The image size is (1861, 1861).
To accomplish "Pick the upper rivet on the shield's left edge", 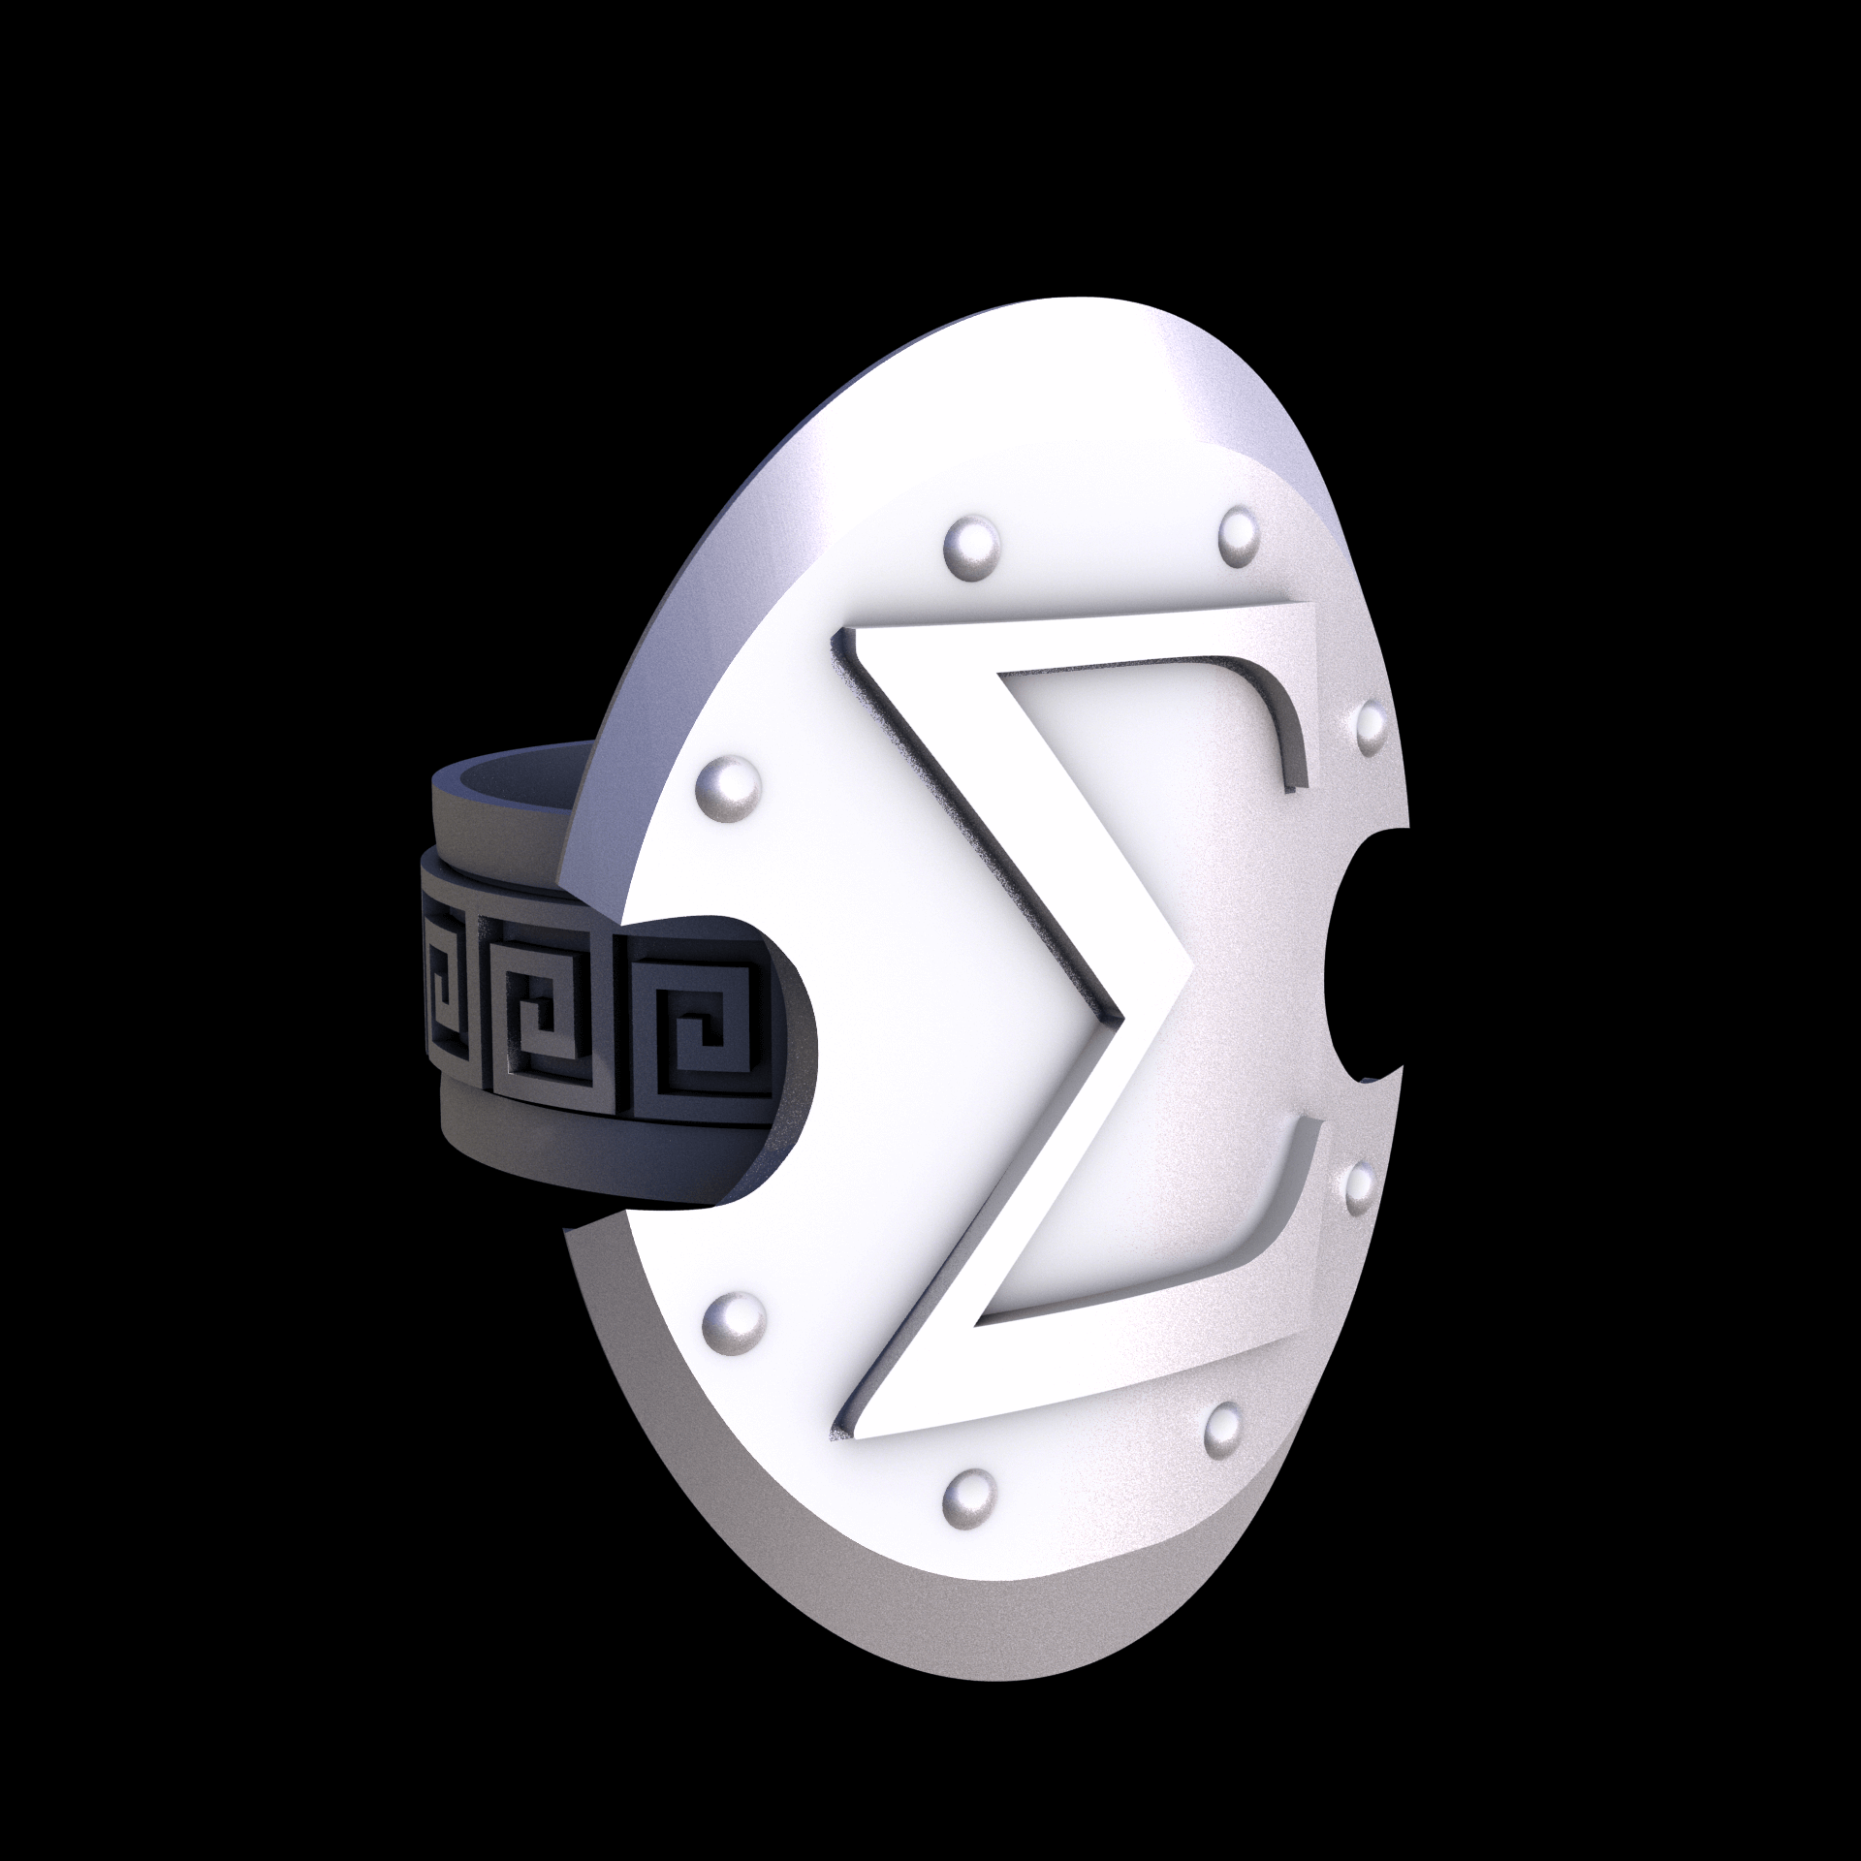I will point(728,783).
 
